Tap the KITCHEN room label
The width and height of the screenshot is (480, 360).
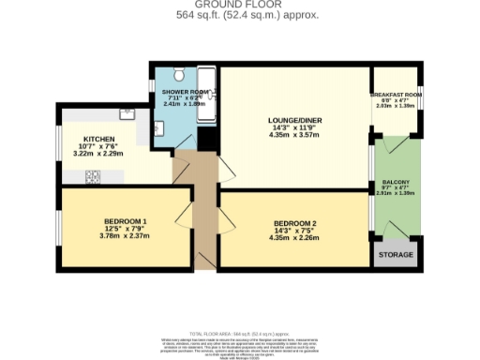(x=98, y=138)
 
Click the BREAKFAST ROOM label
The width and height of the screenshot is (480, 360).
(x=396, y=95)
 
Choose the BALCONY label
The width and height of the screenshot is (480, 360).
(x=395, y=183)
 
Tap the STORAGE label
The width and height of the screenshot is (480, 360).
(x=395, y=255)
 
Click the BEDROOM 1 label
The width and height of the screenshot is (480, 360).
(x=124, y=221)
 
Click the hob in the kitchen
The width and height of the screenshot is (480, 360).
(x=94, y=175)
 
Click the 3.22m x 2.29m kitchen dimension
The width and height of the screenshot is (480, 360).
(x=98, y=153)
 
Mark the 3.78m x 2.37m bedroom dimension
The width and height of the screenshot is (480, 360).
(x=124, y=236)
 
